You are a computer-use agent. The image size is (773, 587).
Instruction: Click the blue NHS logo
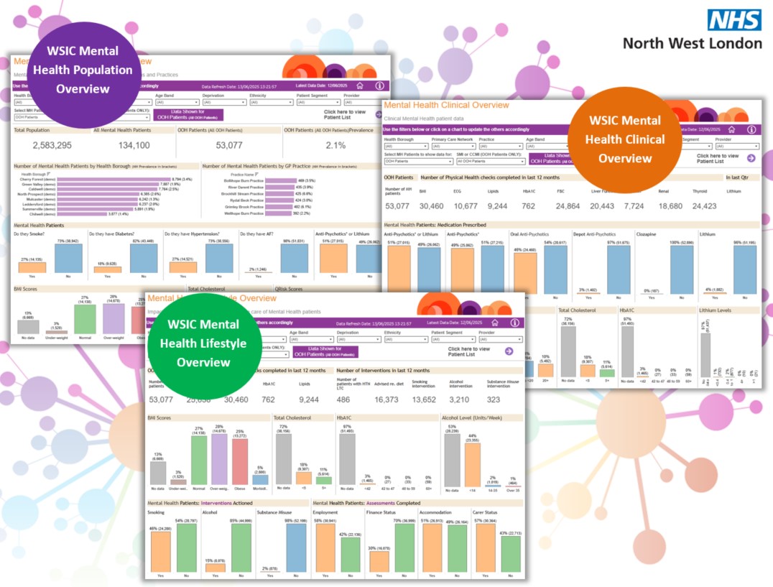(x=733, y=19)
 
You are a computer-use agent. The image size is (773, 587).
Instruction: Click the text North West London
(x=692, y=43)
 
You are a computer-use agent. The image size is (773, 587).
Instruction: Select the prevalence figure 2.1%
(x=335, y=145)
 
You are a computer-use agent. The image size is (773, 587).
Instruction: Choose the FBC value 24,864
(x=568, y=205)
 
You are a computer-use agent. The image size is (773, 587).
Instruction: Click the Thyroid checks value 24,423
(x=704, y=205)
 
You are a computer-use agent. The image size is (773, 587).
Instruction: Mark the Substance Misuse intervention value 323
(x=494, y=399)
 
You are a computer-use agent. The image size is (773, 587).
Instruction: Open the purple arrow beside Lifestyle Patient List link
(x=509, y=351)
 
